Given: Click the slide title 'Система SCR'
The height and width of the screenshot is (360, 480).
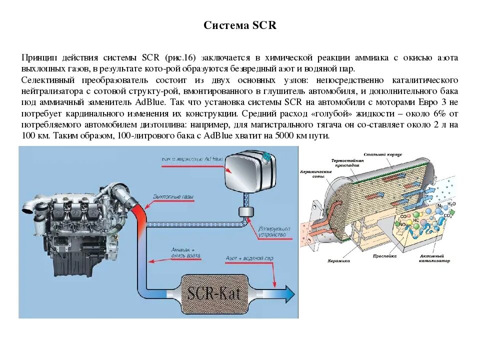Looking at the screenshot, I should coord(240,25).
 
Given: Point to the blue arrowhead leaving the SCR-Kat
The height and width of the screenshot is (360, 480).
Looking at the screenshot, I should coord(288,294).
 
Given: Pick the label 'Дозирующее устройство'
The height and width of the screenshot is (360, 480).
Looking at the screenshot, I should coord(272,231).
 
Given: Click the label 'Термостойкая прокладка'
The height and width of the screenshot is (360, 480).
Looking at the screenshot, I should coord(345,162).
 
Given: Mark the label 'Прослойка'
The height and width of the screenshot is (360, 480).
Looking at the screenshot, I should coord(384,255).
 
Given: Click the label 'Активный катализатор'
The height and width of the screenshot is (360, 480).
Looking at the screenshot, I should coord(435,258).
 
